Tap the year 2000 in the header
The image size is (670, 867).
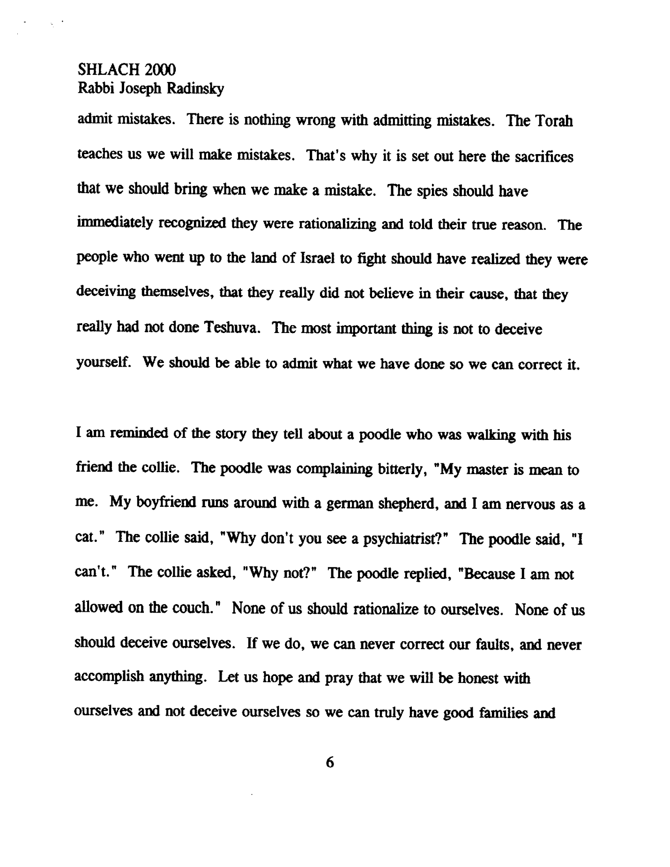point(160,70)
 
